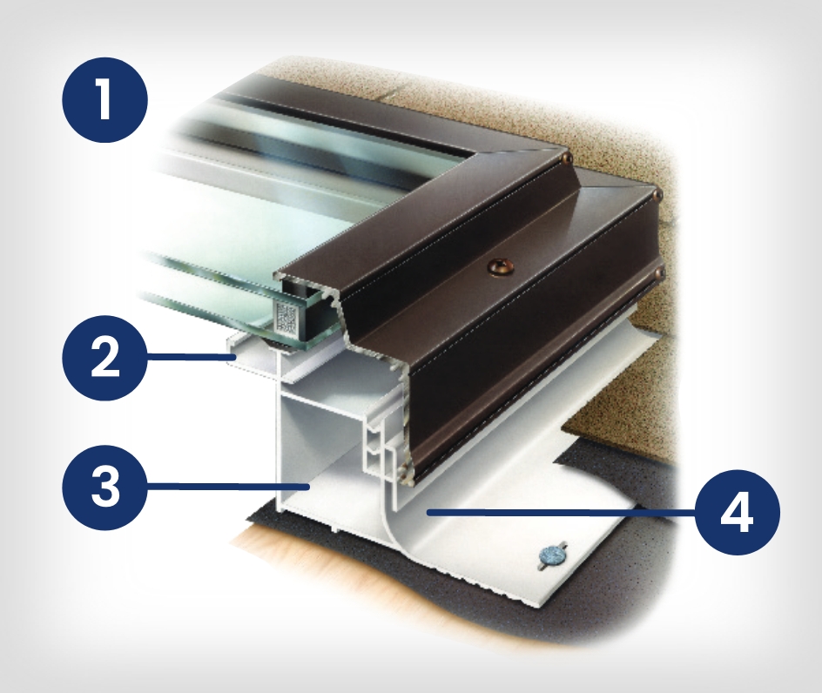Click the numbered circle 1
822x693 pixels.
click(x=104, y=99)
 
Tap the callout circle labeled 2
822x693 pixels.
click(x=104, y=358)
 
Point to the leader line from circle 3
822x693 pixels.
click(x=227, y=488)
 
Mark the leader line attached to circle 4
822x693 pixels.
click(x=561, y=513)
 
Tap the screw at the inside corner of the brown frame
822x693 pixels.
click(x=566, y=157)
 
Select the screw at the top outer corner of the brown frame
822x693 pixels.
click(x=657, y=194)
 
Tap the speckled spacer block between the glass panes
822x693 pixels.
click(x=286, y=316)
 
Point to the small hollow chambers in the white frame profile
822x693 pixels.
click(x=375, y=447)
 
